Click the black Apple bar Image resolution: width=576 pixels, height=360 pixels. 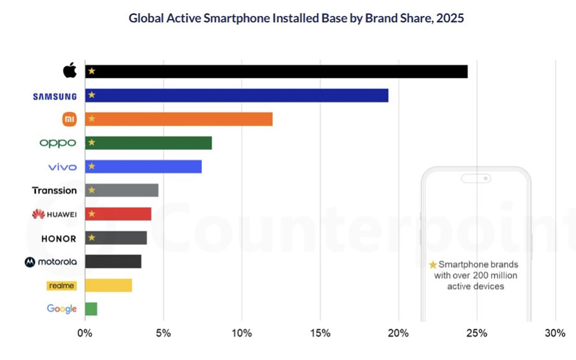tap(276, 72)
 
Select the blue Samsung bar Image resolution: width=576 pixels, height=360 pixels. tap(236, 95)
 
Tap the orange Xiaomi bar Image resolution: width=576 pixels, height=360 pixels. tap(178, 119)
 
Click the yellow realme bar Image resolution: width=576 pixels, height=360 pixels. tap(108, 285)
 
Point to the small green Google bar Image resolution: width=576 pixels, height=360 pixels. tap(91, 309)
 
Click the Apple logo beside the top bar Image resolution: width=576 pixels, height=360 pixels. tap(70, 70)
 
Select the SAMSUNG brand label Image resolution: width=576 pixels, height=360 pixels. tap(55, 96)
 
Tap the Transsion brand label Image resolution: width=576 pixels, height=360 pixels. tap(55, 190)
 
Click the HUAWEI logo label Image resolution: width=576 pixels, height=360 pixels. tap(55, 215)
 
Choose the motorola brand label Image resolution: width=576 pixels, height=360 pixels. tap(51, 262)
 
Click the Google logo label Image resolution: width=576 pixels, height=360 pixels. tap(62, 309)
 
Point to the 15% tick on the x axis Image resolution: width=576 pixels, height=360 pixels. tap(320, 333)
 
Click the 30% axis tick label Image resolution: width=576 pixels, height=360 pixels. tap(555, 333)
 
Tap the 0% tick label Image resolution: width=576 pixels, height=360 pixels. tap(85, 333)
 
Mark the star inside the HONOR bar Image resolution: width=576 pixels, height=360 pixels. tap(91, 238)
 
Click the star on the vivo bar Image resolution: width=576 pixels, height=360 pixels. tap(91, 166)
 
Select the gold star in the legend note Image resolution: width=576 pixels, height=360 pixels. tap(433, 265)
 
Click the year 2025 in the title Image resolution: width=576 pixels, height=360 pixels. tap(450, 18)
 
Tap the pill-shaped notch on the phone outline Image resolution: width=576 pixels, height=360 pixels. tap(476, 178)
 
